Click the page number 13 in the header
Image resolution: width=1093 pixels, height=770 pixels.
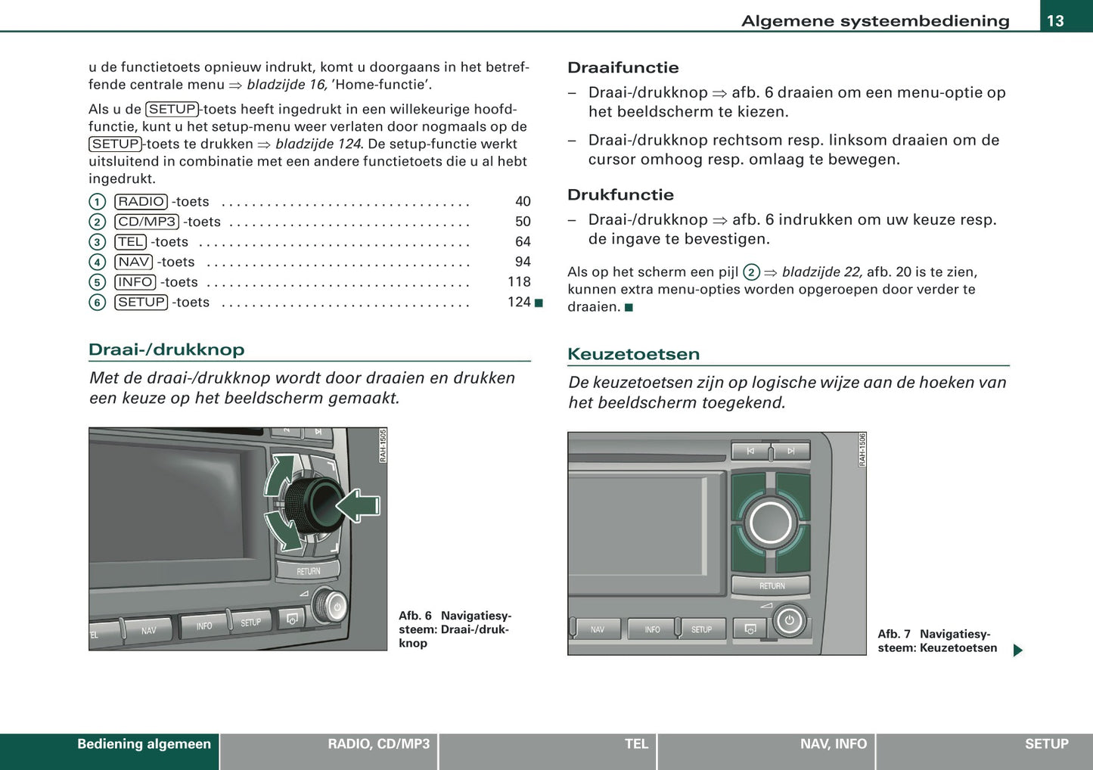[1055, 20]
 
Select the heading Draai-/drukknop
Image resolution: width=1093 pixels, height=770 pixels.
[166, 349]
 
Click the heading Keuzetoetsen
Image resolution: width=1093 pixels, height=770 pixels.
[633, 354]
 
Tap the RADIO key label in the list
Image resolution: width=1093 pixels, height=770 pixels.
[141, 202]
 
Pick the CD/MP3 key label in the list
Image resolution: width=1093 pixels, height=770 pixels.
[147, 222]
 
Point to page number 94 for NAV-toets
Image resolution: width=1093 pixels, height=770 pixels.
[523, 262]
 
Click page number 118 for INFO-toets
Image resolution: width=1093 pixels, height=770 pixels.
[519, 281]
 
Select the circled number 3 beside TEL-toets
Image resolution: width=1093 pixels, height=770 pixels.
[97, 242]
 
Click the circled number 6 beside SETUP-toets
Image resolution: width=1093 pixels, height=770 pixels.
[97, 303]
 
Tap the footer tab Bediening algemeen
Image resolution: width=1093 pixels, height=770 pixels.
[144, 744]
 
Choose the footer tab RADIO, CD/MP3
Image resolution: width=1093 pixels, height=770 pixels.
[378, 744]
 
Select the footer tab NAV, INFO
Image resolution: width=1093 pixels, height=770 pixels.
[833, 744]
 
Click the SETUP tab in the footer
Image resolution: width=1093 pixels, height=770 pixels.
[1046, 744]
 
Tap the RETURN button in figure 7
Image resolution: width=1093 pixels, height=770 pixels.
[771, 585]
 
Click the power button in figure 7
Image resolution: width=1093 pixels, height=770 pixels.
[789, 621]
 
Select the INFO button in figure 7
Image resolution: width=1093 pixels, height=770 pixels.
[651, 629]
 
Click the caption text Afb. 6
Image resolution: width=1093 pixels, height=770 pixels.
[415, 616]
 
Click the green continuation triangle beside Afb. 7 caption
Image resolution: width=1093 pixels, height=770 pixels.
[1018, 650]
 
